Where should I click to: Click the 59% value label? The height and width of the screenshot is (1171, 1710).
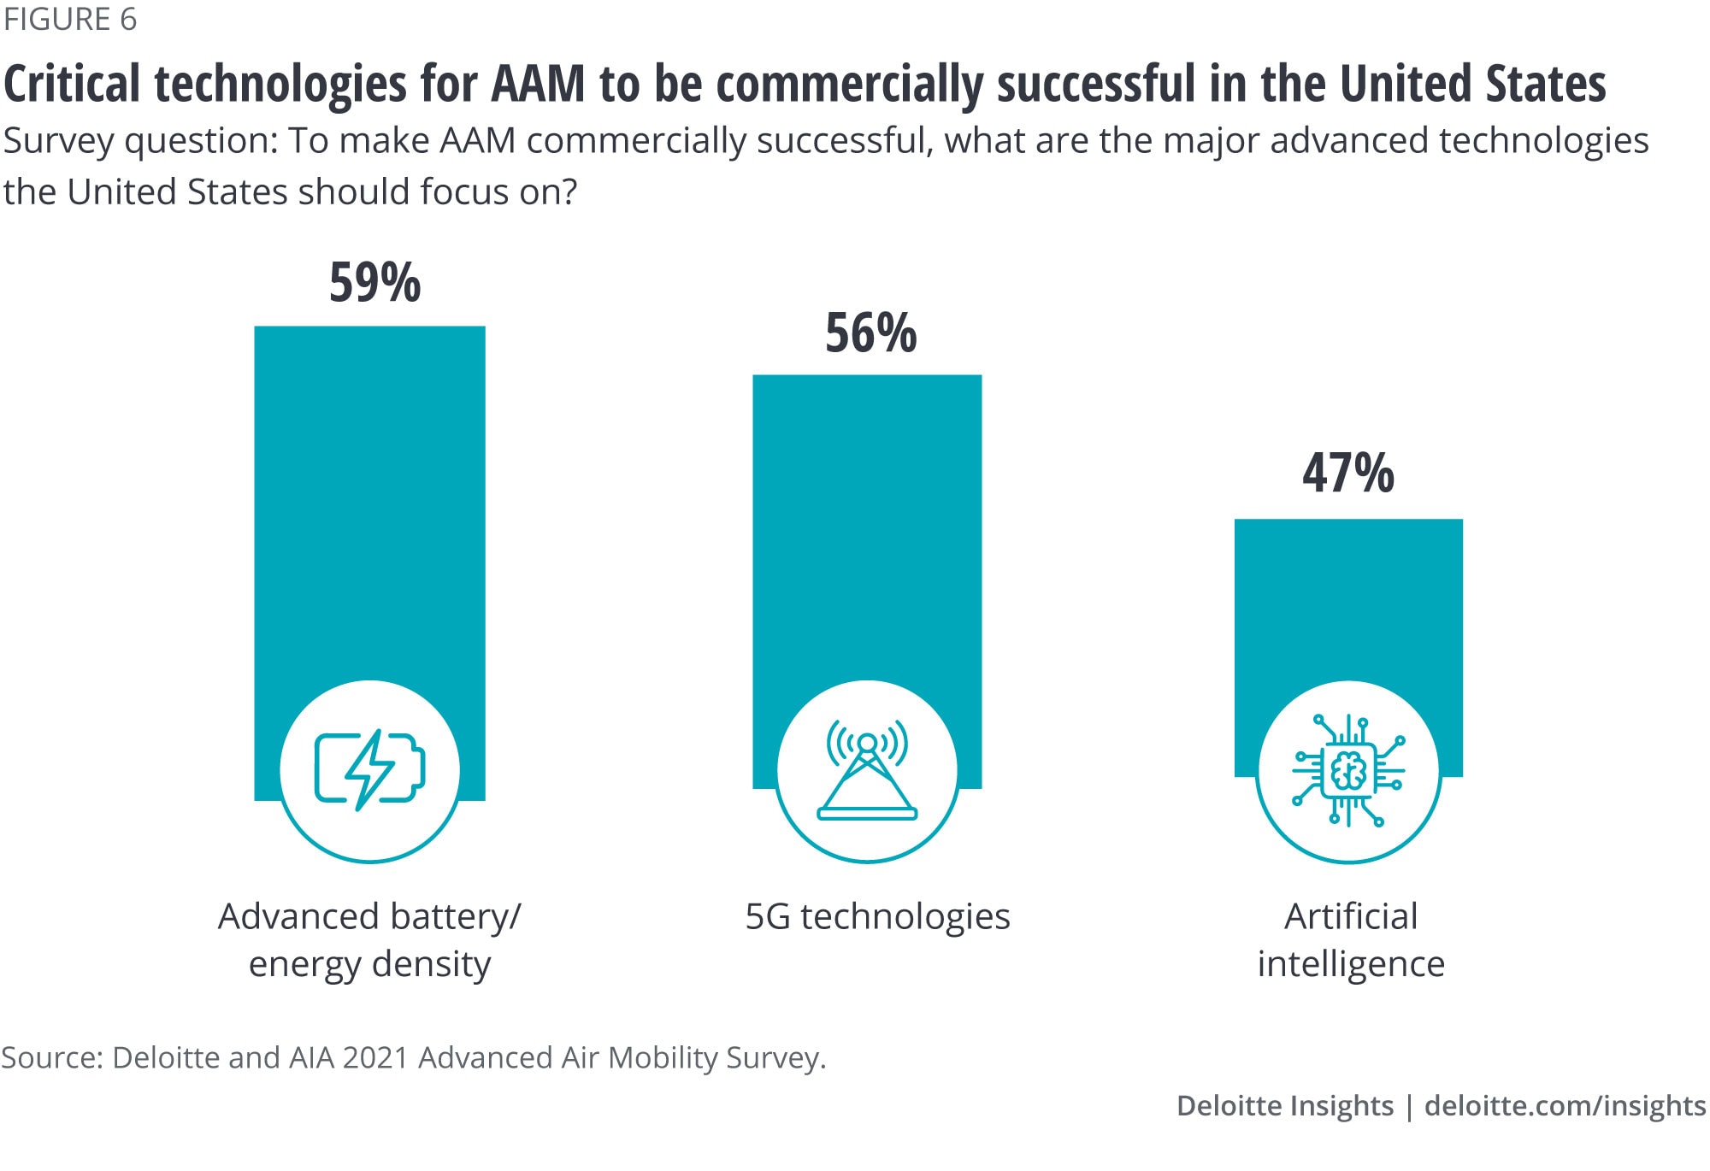click(x=374, y=282)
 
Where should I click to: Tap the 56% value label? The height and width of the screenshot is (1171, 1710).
click(x=870, y=332)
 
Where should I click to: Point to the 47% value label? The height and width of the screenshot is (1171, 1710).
click(x=1347, y=473)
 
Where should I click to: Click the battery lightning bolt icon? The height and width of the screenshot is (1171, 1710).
click(x=369, y=770)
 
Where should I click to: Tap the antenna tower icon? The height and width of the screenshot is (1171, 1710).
click(x=867, y=770)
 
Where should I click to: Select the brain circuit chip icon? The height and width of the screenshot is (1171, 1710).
click(x=1348, y=770)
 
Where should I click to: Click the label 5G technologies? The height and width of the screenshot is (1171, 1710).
click(x=877, y=916)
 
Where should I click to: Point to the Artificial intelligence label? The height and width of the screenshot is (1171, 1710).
click(x=1351, y=939)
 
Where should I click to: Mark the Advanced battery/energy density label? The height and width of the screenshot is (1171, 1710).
click(x=369, y=939)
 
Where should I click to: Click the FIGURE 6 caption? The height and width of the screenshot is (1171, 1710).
click(x=70, y=20)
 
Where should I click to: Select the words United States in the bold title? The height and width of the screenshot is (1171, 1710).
click(x=1472, y=84)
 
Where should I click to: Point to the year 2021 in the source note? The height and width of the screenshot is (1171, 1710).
click(x=375, y=1058)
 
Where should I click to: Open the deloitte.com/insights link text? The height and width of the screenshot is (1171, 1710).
click(x=1565, y=1106)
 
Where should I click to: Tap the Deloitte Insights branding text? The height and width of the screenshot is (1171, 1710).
click(x=1284, y=1106)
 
